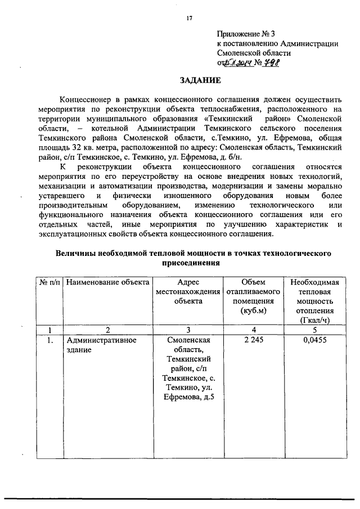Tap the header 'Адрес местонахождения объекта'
point(188,291)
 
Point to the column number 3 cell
point(188,330)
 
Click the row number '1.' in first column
point(51,341)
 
